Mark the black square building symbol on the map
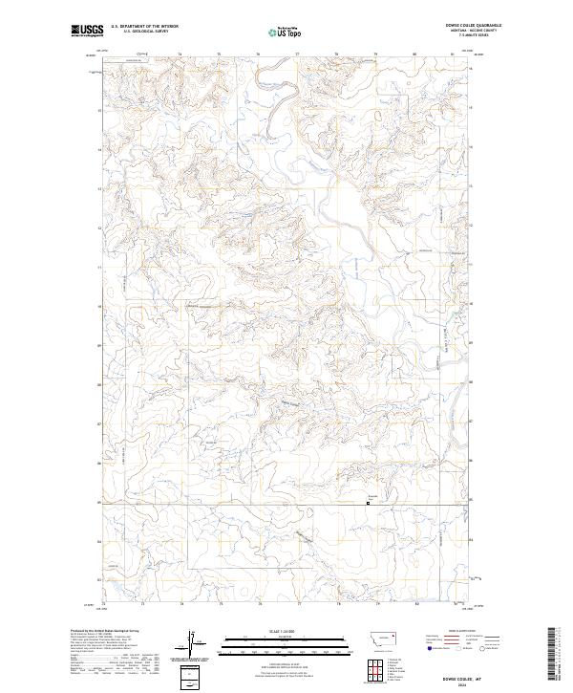pos(370,506)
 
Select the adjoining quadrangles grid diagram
pos(375,668)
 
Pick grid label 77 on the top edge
pos(299,54)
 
